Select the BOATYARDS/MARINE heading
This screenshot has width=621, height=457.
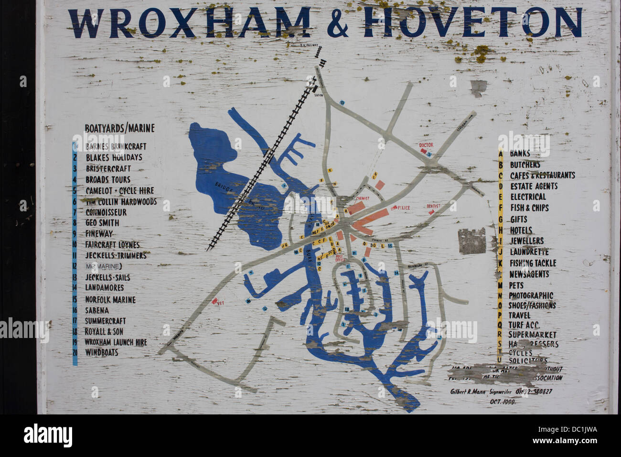pos(119,128)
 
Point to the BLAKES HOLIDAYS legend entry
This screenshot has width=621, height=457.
pos(114,157)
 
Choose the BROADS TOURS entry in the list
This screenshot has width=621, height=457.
pos(108,180)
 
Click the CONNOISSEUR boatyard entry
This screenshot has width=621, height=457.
pos(106,212)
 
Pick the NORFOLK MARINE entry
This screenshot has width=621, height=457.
pos(110,300)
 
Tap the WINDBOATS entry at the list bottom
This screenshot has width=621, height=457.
pos(101,353)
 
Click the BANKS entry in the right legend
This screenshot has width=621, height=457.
pos(520,153)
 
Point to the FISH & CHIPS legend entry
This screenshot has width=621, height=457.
pos(529,208)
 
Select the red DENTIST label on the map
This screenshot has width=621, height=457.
pos(433,206)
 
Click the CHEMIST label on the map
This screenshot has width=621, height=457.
pos(364,198)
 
